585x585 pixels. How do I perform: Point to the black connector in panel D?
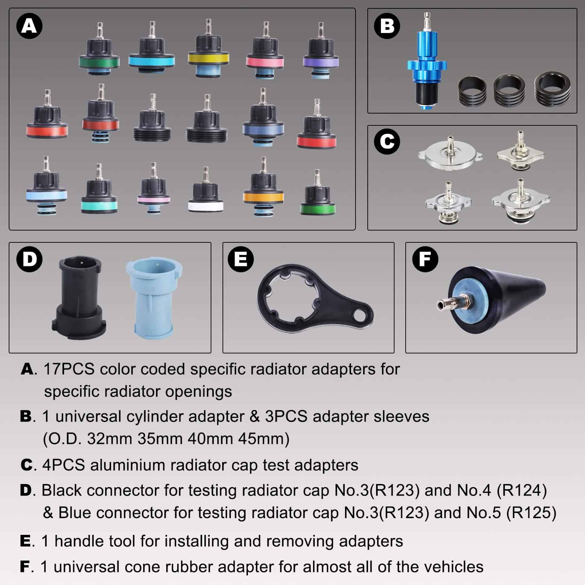[79, 298]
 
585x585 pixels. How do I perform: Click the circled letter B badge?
[387, 26]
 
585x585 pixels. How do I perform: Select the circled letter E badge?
[241, 259]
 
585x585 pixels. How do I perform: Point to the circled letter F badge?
[425, 259]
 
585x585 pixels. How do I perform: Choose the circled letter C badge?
[387, 141]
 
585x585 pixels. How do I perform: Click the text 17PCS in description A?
[69, 369]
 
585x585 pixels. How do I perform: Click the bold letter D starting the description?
[26, 491]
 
